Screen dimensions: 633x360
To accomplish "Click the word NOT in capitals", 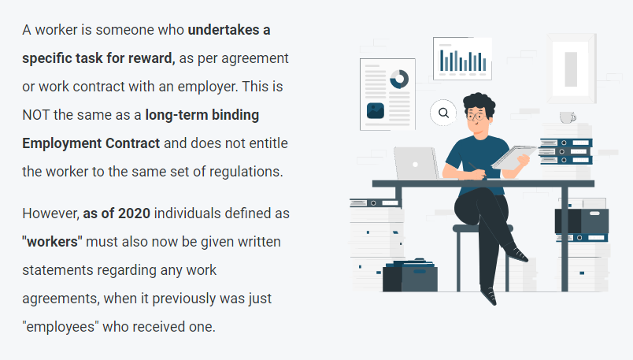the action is click(36, 115).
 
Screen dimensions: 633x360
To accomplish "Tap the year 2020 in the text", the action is click(134, 213).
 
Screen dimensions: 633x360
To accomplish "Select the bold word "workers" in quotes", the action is click(52, 242).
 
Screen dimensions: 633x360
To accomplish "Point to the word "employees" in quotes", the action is click(60, 327).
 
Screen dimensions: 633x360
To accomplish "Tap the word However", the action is click(51, 213).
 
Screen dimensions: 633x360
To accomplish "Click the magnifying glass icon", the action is click(443, 113).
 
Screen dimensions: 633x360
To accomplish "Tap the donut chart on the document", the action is click(399, 79).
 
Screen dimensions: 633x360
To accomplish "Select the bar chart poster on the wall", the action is click(463, 58).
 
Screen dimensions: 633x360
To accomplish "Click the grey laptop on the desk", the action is click(416, 163).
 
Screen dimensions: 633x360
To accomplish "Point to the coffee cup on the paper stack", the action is click(568, 117).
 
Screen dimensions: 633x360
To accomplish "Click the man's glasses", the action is click(476, 117).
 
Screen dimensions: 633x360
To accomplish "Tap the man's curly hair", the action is click(479, 103).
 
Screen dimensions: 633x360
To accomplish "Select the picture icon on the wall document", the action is click(376, 111).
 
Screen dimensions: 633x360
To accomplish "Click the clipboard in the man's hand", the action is click(513, 157).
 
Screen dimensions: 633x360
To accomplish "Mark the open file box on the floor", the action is click(409, 275).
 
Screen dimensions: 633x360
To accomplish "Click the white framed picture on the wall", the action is click(572, 69).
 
